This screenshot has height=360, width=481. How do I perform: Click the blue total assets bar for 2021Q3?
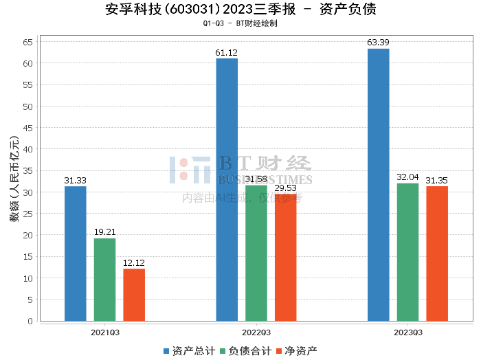pos(76,254)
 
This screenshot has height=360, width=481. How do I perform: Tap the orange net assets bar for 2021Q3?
pos(134,295)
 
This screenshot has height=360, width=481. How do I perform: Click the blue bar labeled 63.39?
pos(378,185)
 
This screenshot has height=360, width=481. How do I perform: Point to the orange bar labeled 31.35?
pos(437,254)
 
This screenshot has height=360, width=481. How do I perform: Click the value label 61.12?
pos(227,53)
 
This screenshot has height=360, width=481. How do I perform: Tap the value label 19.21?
pos(105,233)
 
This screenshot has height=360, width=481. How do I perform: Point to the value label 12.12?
pos(134,263)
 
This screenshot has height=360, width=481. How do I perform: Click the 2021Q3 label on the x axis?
pos(105,332)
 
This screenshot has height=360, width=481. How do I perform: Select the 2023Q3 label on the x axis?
pos(407,332)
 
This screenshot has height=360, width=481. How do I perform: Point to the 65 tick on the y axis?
pos(28,42)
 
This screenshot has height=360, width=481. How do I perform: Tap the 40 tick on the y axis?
pos(28,149)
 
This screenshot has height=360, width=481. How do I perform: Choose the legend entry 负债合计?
pos(245,350)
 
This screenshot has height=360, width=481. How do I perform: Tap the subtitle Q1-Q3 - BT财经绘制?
pos(240,23)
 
